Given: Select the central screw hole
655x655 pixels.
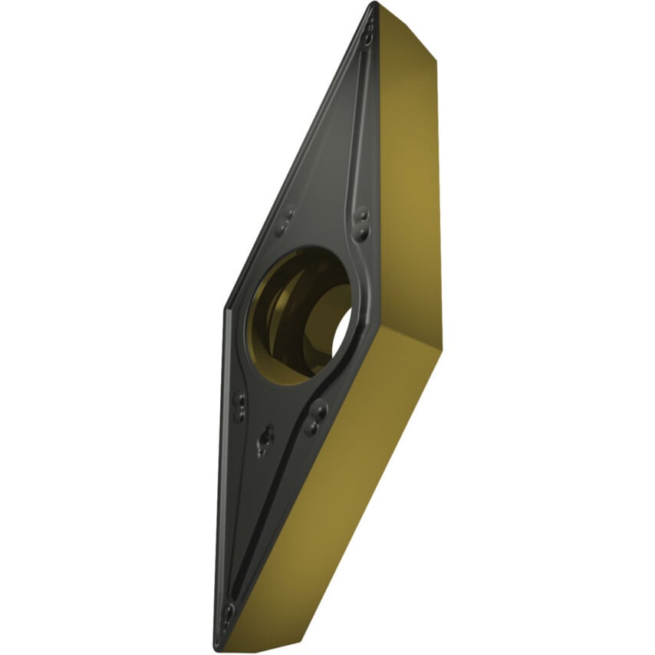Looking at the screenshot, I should [299, 314].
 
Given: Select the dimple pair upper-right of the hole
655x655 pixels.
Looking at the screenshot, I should [363, 223].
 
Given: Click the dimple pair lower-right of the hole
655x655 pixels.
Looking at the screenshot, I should [315, 419].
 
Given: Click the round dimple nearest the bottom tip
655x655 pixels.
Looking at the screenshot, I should [228, 611].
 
